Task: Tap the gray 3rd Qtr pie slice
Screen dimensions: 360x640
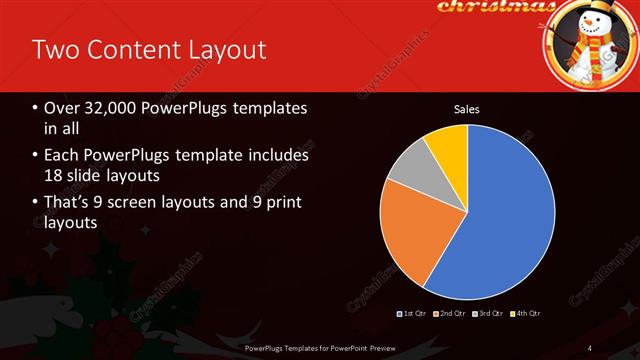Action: point(408,167)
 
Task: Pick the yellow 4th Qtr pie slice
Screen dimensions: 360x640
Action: point(447,145)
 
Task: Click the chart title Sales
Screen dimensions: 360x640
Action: point(467,109)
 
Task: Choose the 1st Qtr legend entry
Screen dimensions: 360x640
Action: point(413,314)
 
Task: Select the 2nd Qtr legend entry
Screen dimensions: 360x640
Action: point(452,314)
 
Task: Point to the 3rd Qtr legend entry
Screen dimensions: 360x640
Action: point(490,314)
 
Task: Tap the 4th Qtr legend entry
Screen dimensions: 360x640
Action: point(527,314)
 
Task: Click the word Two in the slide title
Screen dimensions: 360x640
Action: point(56,49)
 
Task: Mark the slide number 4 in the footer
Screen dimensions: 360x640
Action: point(591,347)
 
